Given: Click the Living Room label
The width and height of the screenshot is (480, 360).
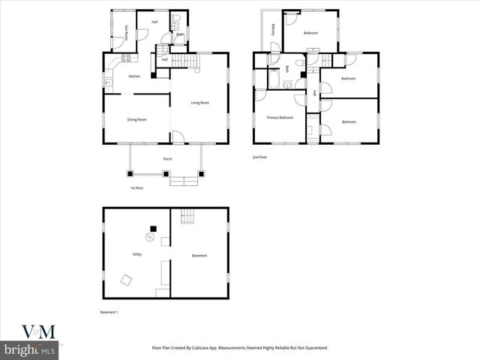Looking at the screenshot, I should (x=199, y=103).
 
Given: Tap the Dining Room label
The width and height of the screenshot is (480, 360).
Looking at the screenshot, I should (x=136, y=119).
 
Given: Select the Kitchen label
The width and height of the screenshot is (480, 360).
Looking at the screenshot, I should (x=134, y=76).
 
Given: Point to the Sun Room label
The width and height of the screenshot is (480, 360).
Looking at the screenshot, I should (x=127, y=34).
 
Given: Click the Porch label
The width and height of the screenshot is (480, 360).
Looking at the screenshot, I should (x=167, y=159).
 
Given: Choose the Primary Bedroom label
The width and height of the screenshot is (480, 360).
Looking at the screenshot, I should (x=280, y=117).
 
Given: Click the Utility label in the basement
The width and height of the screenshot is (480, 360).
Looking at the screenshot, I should (x=137, y=254).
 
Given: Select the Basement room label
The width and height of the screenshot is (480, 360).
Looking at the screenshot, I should (x=199, y=256).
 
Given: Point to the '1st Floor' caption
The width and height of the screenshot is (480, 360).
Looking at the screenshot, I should (x=136, y=187).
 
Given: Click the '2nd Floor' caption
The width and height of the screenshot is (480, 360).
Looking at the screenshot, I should (x=259, y=157).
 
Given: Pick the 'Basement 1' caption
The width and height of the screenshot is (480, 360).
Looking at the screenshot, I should (x=109, y=312).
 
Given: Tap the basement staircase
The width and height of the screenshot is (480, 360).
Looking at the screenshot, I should (x=187, y=217).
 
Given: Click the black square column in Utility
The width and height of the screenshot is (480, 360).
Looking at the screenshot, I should (x=153, y=228).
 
